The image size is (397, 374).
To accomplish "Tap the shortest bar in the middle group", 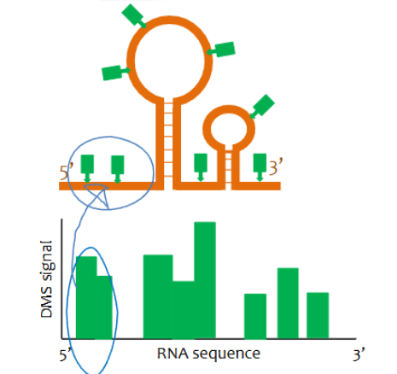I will click(184, 310).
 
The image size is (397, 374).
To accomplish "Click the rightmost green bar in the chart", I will click(318, 317).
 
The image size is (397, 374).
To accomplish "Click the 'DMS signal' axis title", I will click(50, 279).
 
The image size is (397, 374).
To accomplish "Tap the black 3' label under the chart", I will click(360, 353).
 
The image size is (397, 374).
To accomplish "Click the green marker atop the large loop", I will click(134, 15).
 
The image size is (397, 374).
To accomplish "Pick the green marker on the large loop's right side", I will click(224, 49).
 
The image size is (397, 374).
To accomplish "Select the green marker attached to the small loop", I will click(263, 106).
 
